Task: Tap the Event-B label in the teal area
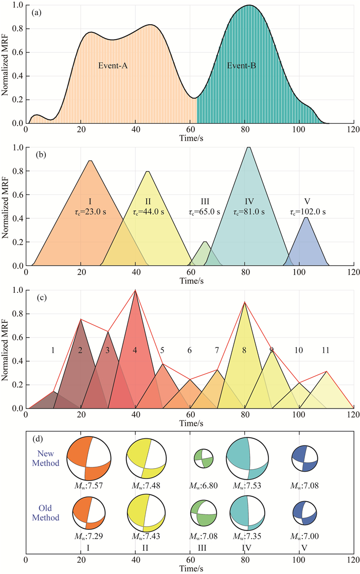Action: (x=242, y=66)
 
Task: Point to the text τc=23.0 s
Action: (x=90, y=211)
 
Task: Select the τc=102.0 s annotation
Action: (x=306, y=211)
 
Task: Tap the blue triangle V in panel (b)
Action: (x=307, y=244)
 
